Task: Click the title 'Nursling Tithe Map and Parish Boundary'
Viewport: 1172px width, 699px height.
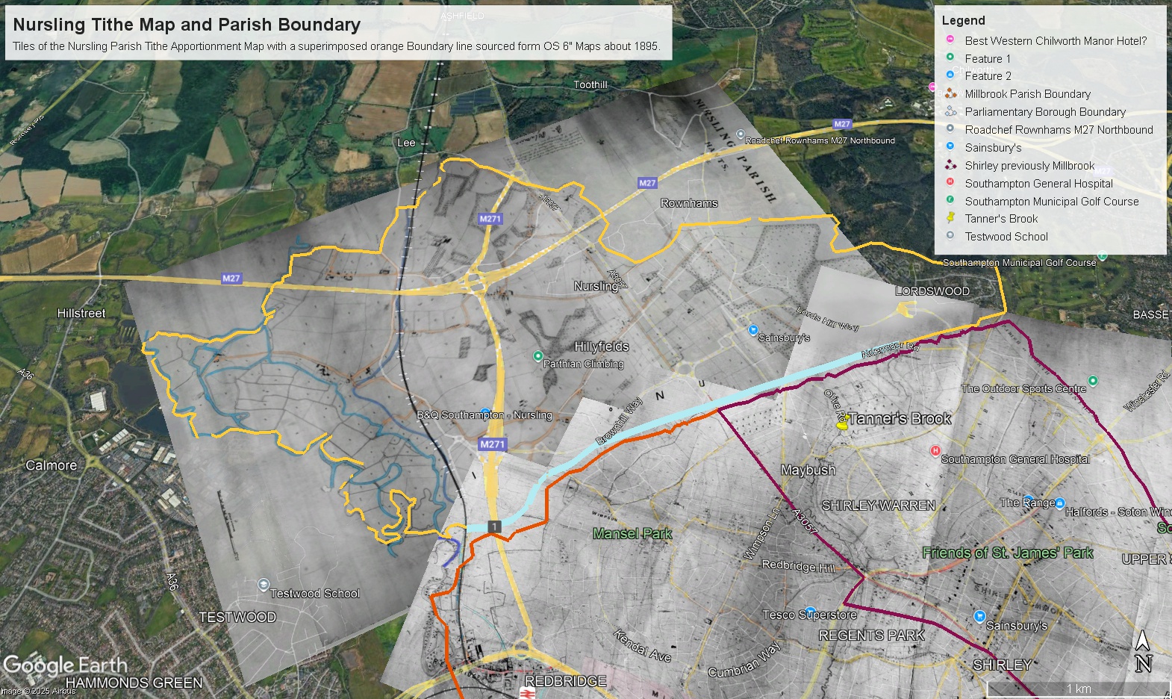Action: pyautogui.click(x=187, y=25)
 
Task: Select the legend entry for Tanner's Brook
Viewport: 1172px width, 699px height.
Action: pyautogui.click(x=1001, y=219)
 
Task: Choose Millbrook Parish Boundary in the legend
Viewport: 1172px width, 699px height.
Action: pyautogui.click(x=1027, y=94)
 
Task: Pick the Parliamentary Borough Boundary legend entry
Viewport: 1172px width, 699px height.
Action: pyautogui.click(x=1044, y=112)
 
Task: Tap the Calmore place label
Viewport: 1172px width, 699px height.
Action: pyautogui.click(x=52, y=465)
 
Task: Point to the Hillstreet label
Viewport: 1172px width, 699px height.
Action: pyautogui.click(x=81, y=314)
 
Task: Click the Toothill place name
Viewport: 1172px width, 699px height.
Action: pyautogui.click(x=590, y=85)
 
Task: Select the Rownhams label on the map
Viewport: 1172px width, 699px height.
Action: pyautogui.click(x=688, y=203)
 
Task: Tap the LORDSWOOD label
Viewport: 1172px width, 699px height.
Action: pyautogui.click(x=932, y=291)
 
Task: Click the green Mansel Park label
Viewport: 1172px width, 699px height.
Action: pyautogui.click(x=632, y=533)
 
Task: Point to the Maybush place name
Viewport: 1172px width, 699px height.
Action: pyautogui.click(x=808, y=470)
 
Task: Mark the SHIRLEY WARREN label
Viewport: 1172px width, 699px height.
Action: pyautogui.click(x=878, y=506)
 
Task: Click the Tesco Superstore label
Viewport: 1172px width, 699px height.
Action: pyautogui.click(x=809, y=615)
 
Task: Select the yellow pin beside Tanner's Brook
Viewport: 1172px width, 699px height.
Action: pyautogui.click(x=843, y=424)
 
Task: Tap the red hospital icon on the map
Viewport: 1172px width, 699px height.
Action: pyautogui.click(x=935, y=450)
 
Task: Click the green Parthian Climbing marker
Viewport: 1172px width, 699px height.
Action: pyautogui.click(x=537, y=355)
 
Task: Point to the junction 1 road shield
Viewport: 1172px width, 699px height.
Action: pyautogui.click(x=493, y=526)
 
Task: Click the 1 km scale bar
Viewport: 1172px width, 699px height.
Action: pyautogui.click(x=1078, y=689)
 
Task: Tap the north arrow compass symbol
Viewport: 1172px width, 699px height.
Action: pyautogui.click(x=1143, y=651)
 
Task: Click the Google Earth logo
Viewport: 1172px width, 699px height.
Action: pyautogui.click(x=66, y=665)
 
